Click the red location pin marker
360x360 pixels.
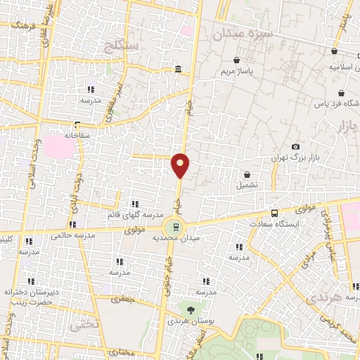181,166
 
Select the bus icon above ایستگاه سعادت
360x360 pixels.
274,213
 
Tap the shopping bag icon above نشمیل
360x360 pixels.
247,174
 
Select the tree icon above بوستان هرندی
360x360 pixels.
189,309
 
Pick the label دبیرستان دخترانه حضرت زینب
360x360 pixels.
30,296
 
